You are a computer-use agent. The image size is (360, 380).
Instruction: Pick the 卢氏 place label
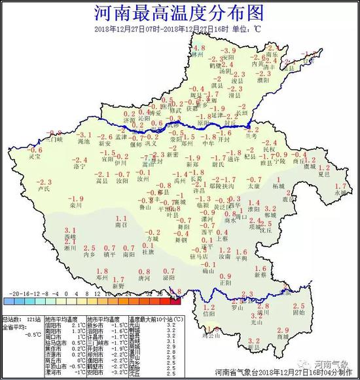coord(45,188)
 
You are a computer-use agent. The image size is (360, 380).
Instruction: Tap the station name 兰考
coord(251,136)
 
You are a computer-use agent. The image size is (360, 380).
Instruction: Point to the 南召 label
coord(119,224)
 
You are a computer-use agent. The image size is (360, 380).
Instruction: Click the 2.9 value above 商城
coord(283,330)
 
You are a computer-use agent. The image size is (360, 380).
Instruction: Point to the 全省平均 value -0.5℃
coord(19,333)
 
